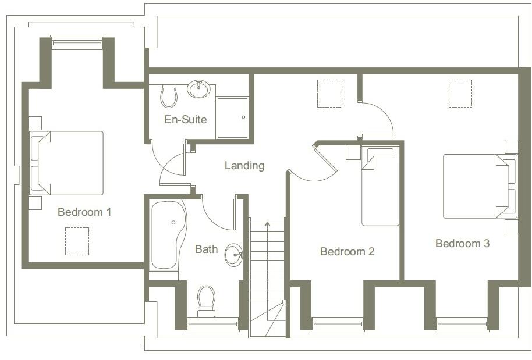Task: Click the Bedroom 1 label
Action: click(84, 212)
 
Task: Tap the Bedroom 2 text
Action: click(347, 252)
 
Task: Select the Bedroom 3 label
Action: click(462, 244)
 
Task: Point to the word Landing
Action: click(244, 166)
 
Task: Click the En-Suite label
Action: click(186, 120)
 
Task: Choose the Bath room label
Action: click(206, 249)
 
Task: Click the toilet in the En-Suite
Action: click(169, 96)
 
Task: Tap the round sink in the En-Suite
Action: click(199, 90)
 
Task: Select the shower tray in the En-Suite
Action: click(232, 117)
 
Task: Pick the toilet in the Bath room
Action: click(206, 300)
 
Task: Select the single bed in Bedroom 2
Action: click(380, 186)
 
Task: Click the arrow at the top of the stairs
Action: click(267, 223)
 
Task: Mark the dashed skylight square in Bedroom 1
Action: click(77, 241)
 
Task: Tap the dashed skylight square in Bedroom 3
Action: click(459, 93)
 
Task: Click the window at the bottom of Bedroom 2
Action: click(338, 324)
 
